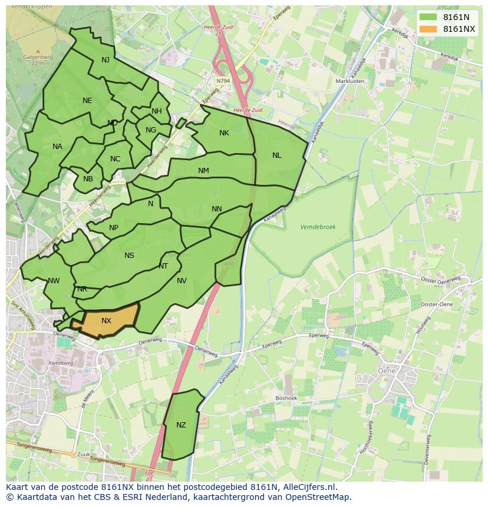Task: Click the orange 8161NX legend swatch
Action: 428,29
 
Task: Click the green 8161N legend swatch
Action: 428,17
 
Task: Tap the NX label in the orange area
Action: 106,321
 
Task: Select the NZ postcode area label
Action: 181,425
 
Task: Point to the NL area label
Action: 276,155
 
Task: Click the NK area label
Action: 224,133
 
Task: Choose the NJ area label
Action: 105,60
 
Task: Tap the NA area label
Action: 57,147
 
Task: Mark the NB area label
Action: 88,180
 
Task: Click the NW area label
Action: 54,281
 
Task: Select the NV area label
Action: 182,281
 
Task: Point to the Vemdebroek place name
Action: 318,227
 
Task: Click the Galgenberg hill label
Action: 38,57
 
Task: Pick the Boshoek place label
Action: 286,398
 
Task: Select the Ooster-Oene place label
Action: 436,304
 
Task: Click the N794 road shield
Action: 223,81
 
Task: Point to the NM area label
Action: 203,171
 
